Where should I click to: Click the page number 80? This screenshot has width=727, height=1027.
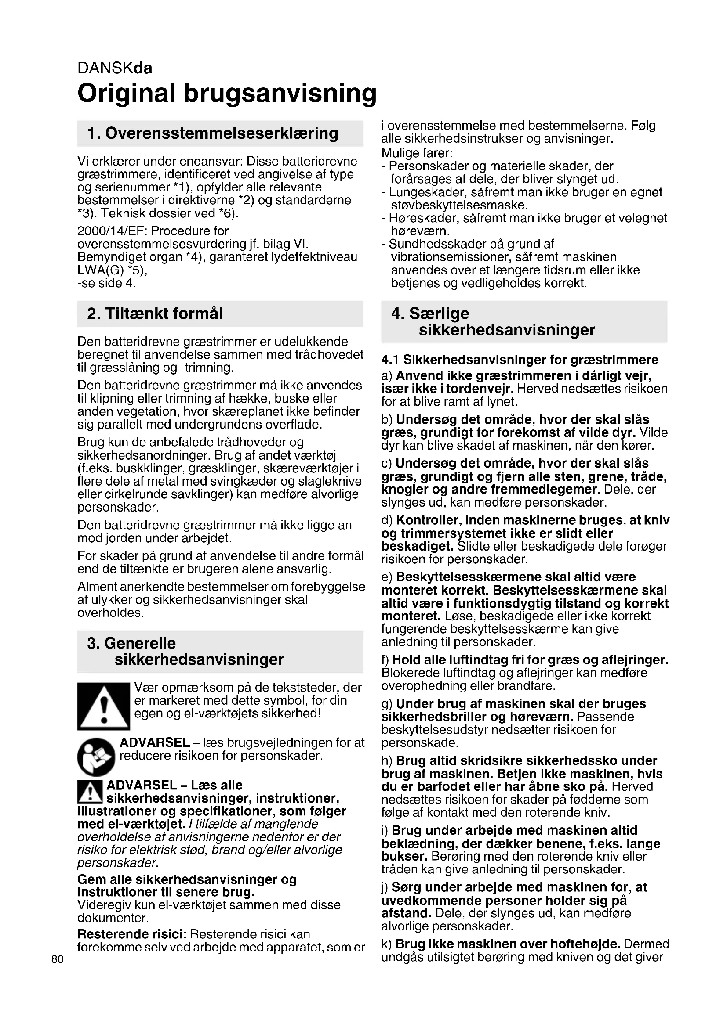pos(58,959)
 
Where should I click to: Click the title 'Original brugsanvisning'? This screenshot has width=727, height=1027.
pos(227,93)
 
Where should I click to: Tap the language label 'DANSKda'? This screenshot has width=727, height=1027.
pos(115,68)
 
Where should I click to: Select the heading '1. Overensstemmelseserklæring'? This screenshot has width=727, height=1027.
pos(213,133)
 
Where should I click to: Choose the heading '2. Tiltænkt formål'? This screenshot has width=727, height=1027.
pos(154,314)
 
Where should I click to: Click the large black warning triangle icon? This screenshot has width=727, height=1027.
pos(103,706)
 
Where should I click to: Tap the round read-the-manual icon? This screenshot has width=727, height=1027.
pos(96,757)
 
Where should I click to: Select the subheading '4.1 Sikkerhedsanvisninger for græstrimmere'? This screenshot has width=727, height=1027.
pos(520,360)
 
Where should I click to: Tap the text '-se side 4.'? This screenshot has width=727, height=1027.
pos(106,283)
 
